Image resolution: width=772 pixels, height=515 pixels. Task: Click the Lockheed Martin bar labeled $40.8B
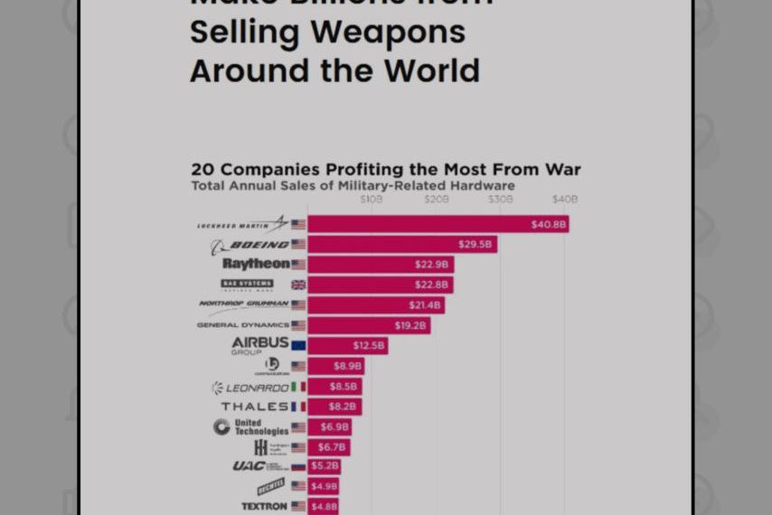[438, 224]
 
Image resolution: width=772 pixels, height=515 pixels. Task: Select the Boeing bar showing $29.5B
[401, 244]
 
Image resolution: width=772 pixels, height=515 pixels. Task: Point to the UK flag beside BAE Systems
[298, 285]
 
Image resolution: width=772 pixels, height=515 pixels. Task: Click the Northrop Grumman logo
[243, 304]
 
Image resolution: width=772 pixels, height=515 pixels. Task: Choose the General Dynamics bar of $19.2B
[368, 325]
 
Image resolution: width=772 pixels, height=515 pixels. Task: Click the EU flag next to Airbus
[298, 345]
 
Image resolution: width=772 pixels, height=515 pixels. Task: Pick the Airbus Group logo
[259, 345]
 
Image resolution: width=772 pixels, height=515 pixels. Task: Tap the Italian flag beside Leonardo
[298, 387]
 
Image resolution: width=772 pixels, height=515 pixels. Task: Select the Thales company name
[254, 407]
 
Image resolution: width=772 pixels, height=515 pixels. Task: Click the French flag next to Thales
[298, 407]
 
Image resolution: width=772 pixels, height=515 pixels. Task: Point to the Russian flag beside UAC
[298, 467]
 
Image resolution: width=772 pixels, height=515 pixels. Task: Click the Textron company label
[264, 507]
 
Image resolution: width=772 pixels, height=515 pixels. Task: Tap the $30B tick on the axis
[500, 199]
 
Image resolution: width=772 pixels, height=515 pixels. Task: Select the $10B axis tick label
[372, 199]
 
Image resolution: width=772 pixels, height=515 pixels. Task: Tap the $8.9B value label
[346, 366]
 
